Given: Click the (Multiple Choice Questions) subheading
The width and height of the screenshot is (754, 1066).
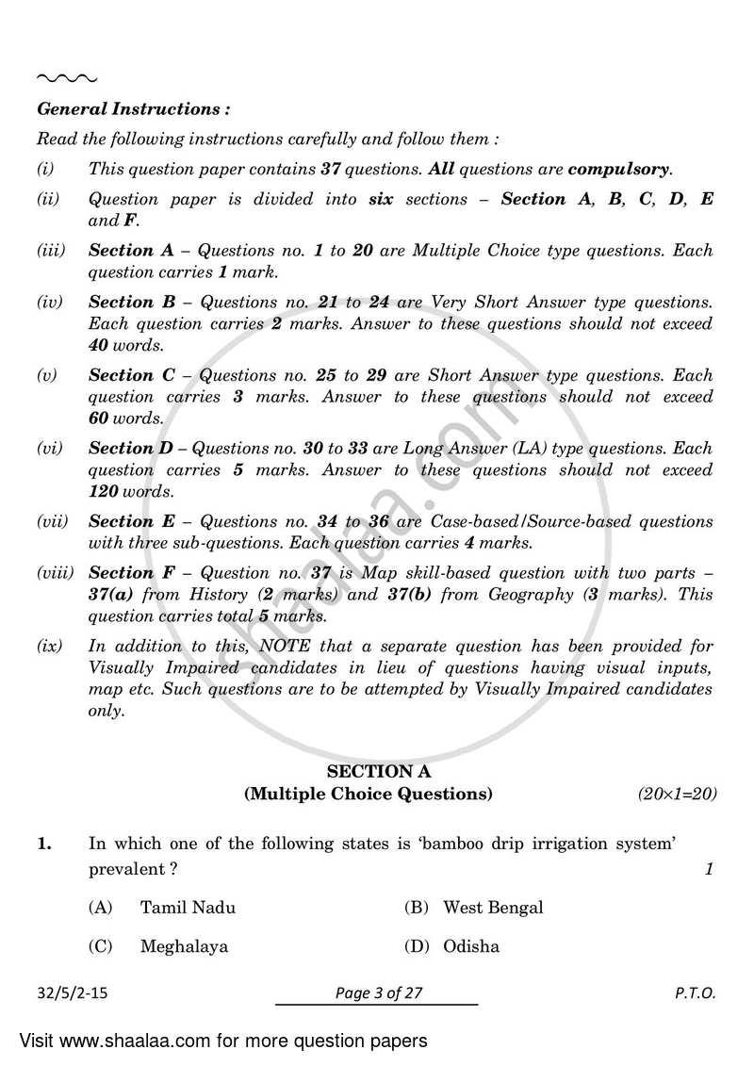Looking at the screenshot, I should (x=368, y=794).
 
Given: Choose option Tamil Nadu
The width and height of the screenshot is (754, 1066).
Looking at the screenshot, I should (x=188, y=908).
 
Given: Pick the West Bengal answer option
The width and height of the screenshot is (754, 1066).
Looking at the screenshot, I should (x=493, y=908).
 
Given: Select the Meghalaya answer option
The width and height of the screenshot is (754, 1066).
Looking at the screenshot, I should (x=184, y=946).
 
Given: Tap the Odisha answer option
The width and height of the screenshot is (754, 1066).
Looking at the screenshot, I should (x=471, y=946).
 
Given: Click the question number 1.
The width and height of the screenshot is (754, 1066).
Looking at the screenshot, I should (x=43, y=845).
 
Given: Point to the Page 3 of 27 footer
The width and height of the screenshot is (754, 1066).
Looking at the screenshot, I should (x=377, y=992).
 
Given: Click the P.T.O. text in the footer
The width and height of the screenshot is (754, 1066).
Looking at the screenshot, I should (x=695, y=992).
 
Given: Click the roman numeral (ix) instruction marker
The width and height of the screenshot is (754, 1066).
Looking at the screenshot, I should (x=50, y=647).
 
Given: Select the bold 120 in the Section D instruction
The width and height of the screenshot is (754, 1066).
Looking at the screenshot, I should (x=104, y=491).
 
